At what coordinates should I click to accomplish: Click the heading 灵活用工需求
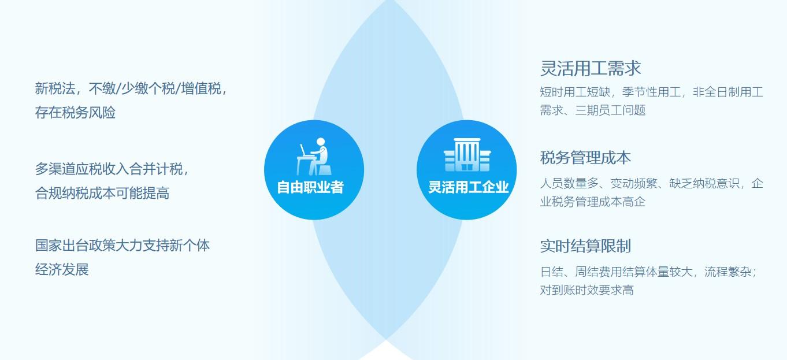pos(591,68)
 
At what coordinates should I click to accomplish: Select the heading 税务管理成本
pos(585,157)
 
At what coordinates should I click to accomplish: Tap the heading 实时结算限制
pos(585,246)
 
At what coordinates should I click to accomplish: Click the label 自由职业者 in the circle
pos(310,187)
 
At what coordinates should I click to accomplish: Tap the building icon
pos(466,155)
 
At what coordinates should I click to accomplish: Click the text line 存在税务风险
pos(75,112)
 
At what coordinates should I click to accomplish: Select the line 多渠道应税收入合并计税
pos(110,169)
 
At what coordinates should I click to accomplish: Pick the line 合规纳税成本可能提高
pos(102,193)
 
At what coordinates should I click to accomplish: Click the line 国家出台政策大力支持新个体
pos(122,245)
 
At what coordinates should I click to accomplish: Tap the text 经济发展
pos(62,269)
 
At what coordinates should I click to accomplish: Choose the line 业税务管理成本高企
pos(592,202)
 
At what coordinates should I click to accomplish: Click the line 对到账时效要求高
pos(586,290)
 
